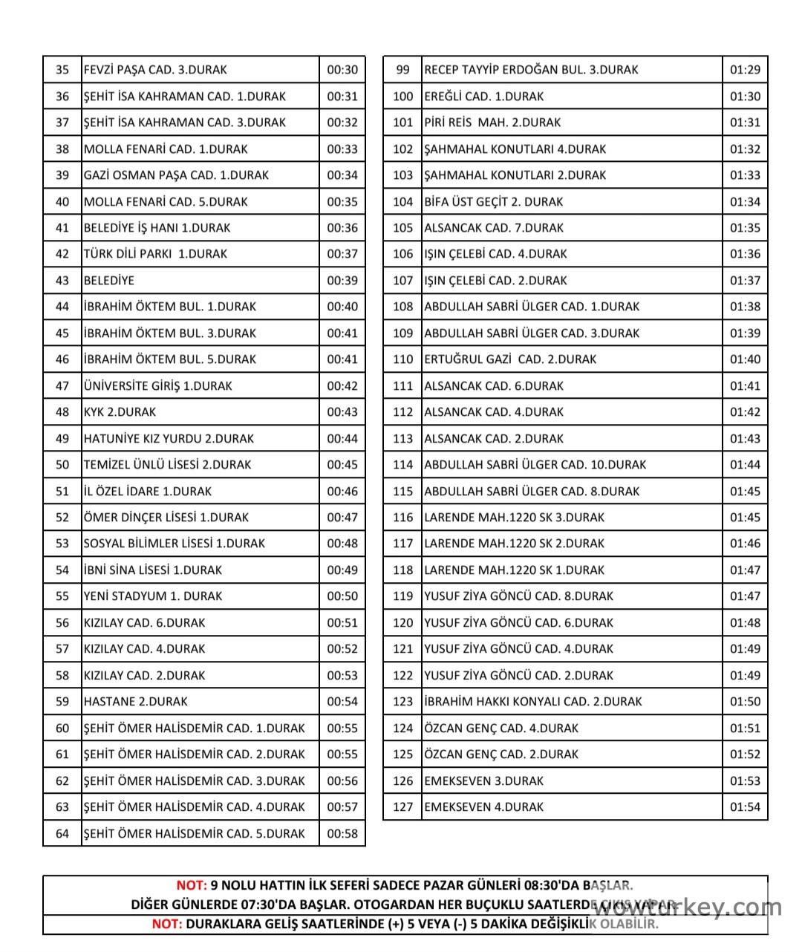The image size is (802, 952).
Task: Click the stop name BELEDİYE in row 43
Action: tap(109, 281)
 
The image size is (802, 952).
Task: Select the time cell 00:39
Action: tap(342, 281)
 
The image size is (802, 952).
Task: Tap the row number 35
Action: tap(62, 70)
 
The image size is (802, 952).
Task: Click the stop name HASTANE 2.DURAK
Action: tap(136, 702)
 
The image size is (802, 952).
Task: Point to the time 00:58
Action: tap(342, 833)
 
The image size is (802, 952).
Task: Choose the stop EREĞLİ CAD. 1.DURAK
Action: tap(483, 97)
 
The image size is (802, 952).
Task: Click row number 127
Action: tap(402, 807)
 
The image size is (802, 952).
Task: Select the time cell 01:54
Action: tap(745, 807)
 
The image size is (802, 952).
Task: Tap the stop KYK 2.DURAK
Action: tap(120, 412)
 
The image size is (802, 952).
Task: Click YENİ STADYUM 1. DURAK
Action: tap(153, 596)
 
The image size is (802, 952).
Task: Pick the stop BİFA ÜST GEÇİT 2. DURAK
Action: tap(494, 202)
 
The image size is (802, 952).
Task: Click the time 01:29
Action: tap(745, 70)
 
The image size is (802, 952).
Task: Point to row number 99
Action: tap(402, 70)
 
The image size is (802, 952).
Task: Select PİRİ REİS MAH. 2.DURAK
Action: tap(492, 123)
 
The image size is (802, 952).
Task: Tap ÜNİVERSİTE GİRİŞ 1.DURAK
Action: tap(158, 386)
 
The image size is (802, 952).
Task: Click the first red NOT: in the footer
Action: tap(192, 885)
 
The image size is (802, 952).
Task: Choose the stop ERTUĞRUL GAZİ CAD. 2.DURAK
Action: tap(510, 359)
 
